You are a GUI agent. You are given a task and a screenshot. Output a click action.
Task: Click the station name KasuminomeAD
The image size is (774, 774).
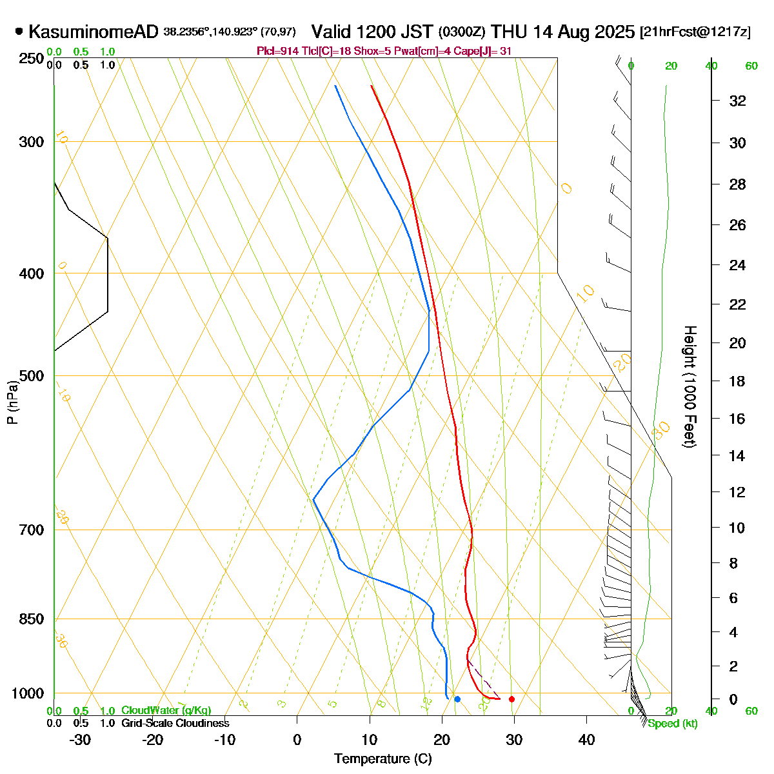pyautogui.click(x=94, y=32)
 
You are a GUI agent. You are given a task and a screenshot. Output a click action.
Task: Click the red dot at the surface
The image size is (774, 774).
pyautogui.click(x=511, y=699)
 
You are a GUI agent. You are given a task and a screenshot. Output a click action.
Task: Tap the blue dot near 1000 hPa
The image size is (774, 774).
pyautogui.click(x=457, y=699)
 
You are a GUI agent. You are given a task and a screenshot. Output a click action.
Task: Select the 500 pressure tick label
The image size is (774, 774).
pyautogui.click(x=32, y=375)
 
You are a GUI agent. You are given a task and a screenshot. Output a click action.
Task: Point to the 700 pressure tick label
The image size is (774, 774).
pyautogui.click(x=32, y=530)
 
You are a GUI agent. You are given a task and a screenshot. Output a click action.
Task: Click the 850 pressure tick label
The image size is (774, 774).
pyautogui.click(x=32, y=619)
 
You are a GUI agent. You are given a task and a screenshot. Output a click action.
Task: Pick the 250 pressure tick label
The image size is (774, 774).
pyautogui.click(x=32, y=59)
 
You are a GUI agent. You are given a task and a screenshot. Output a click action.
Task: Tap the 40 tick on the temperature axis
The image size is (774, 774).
pyautogui.click(x=586, y=740)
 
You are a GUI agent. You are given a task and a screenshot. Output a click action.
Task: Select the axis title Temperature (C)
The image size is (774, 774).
pyautogui.click(x=382, y=759)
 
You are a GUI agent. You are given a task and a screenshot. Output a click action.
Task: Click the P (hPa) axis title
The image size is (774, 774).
pyautogui.click(x=12, y=402)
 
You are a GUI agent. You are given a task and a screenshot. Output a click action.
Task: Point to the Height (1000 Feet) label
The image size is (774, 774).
pyautogui.click(x=690, y=386)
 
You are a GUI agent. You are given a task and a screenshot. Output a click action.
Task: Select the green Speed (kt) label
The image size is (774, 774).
pyautogui.click(x=673, y=724)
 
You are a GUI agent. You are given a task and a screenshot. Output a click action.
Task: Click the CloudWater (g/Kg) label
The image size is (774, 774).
pyautogui.click(x=166, y=711)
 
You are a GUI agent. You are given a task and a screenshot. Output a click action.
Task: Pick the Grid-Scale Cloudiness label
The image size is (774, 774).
pyautogui.click(x=175, y=724)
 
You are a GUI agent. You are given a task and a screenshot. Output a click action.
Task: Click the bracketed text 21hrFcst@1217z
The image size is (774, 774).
pyautogui.click(x=695, y=32)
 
